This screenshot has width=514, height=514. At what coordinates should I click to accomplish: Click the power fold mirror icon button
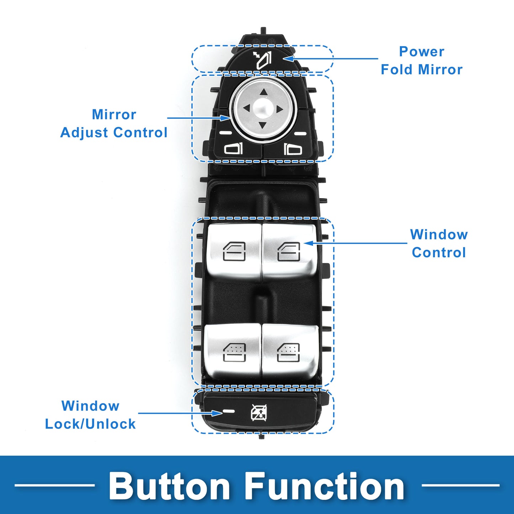click(x=263, y=60)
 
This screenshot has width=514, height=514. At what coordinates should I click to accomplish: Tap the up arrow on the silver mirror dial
click(x=263, y=92)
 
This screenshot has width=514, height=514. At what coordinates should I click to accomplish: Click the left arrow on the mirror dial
click(x=246, y=108)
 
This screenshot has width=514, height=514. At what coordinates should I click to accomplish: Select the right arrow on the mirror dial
click(x=280, y=109)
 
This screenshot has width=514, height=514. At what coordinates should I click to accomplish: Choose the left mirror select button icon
click(x=233, y=149)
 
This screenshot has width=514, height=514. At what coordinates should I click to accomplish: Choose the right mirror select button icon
click(x=293, y=149)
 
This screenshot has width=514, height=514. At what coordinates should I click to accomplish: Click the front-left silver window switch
click(x=234, y=251)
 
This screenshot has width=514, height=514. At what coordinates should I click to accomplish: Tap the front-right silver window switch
click(x=288, y=251)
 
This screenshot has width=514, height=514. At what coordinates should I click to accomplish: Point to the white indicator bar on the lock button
click(x=229, y=411)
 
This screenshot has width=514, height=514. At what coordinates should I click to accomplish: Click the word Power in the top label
click(x=422, y=52)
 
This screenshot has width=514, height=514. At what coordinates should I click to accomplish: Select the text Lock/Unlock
click(x=90, y=424)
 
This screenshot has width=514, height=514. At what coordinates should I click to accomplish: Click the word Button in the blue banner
click(x=169, y=486)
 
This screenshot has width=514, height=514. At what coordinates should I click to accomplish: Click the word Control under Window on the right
click(x=439, y=253)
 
